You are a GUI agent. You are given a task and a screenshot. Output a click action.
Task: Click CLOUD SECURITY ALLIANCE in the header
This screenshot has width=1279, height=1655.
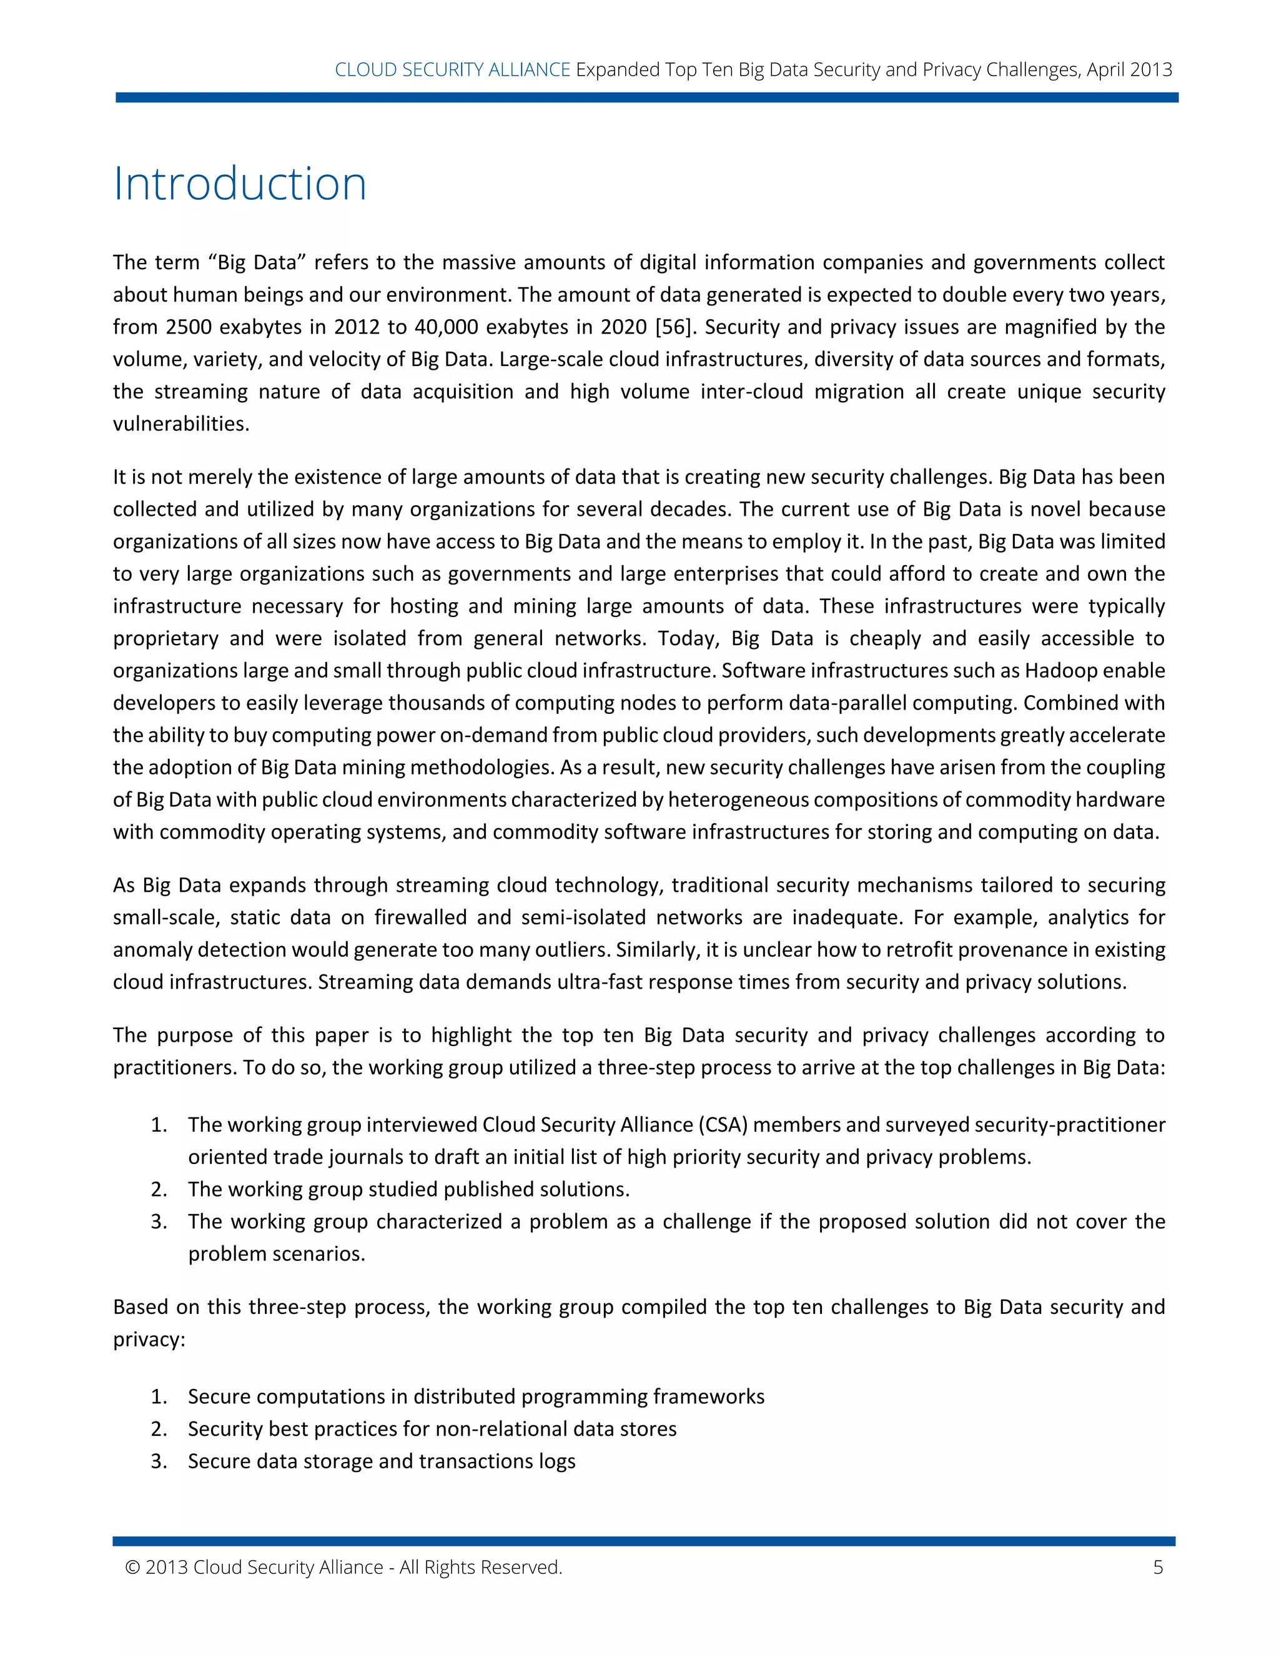(x=452, y=70)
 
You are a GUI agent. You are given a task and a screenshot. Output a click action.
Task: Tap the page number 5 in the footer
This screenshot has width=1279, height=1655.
(x=1158, y=1567)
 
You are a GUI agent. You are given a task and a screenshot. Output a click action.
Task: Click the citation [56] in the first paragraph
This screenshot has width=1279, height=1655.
(x=673, y=327)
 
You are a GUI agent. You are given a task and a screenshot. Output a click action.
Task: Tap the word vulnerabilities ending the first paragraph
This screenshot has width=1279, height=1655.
(x=181, y=423)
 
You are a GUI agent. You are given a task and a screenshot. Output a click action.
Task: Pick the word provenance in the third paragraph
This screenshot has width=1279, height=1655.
(x=987, y=951)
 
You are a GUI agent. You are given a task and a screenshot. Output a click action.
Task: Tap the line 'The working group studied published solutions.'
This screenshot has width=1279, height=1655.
(x=408, y=1189)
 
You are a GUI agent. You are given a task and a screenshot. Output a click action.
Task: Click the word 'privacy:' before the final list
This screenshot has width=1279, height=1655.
(x=149, y=1339)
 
